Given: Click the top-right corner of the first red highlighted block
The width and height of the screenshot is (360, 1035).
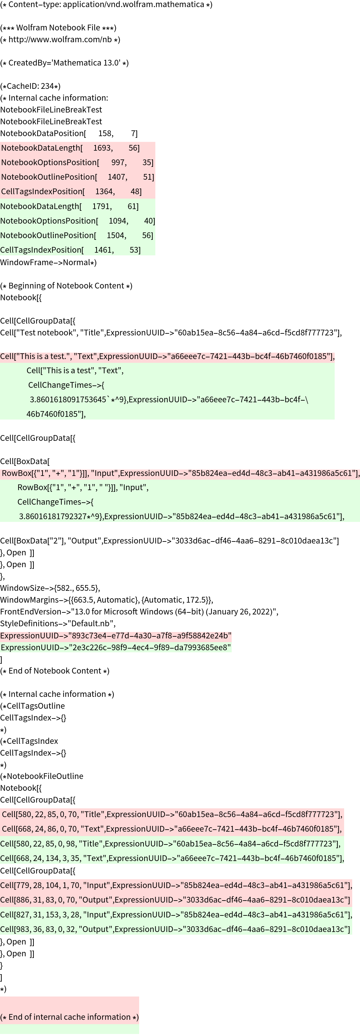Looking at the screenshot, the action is [x=155, y=142].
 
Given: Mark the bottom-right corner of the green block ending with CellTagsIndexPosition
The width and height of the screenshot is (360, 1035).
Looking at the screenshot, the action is [x=155, y=255].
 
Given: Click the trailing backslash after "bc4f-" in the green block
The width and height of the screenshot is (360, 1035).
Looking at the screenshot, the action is [x=307, y=400].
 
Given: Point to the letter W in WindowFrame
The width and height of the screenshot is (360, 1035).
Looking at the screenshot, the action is [x=4, y=262].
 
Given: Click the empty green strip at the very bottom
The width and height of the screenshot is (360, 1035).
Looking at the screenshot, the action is [x=70, y=1029].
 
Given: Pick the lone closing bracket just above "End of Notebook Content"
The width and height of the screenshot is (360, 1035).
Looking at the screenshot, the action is [x=1, y=659].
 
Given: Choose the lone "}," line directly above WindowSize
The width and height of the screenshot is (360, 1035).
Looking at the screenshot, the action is [x=2, y=577].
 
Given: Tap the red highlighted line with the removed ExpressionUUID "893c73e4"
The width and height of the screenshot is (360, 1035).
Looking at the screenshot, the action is [x=116, y=636].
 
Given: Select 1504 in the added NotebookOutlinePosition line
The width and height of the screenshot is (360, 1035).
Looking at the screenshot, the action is [x=117, y=235].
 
